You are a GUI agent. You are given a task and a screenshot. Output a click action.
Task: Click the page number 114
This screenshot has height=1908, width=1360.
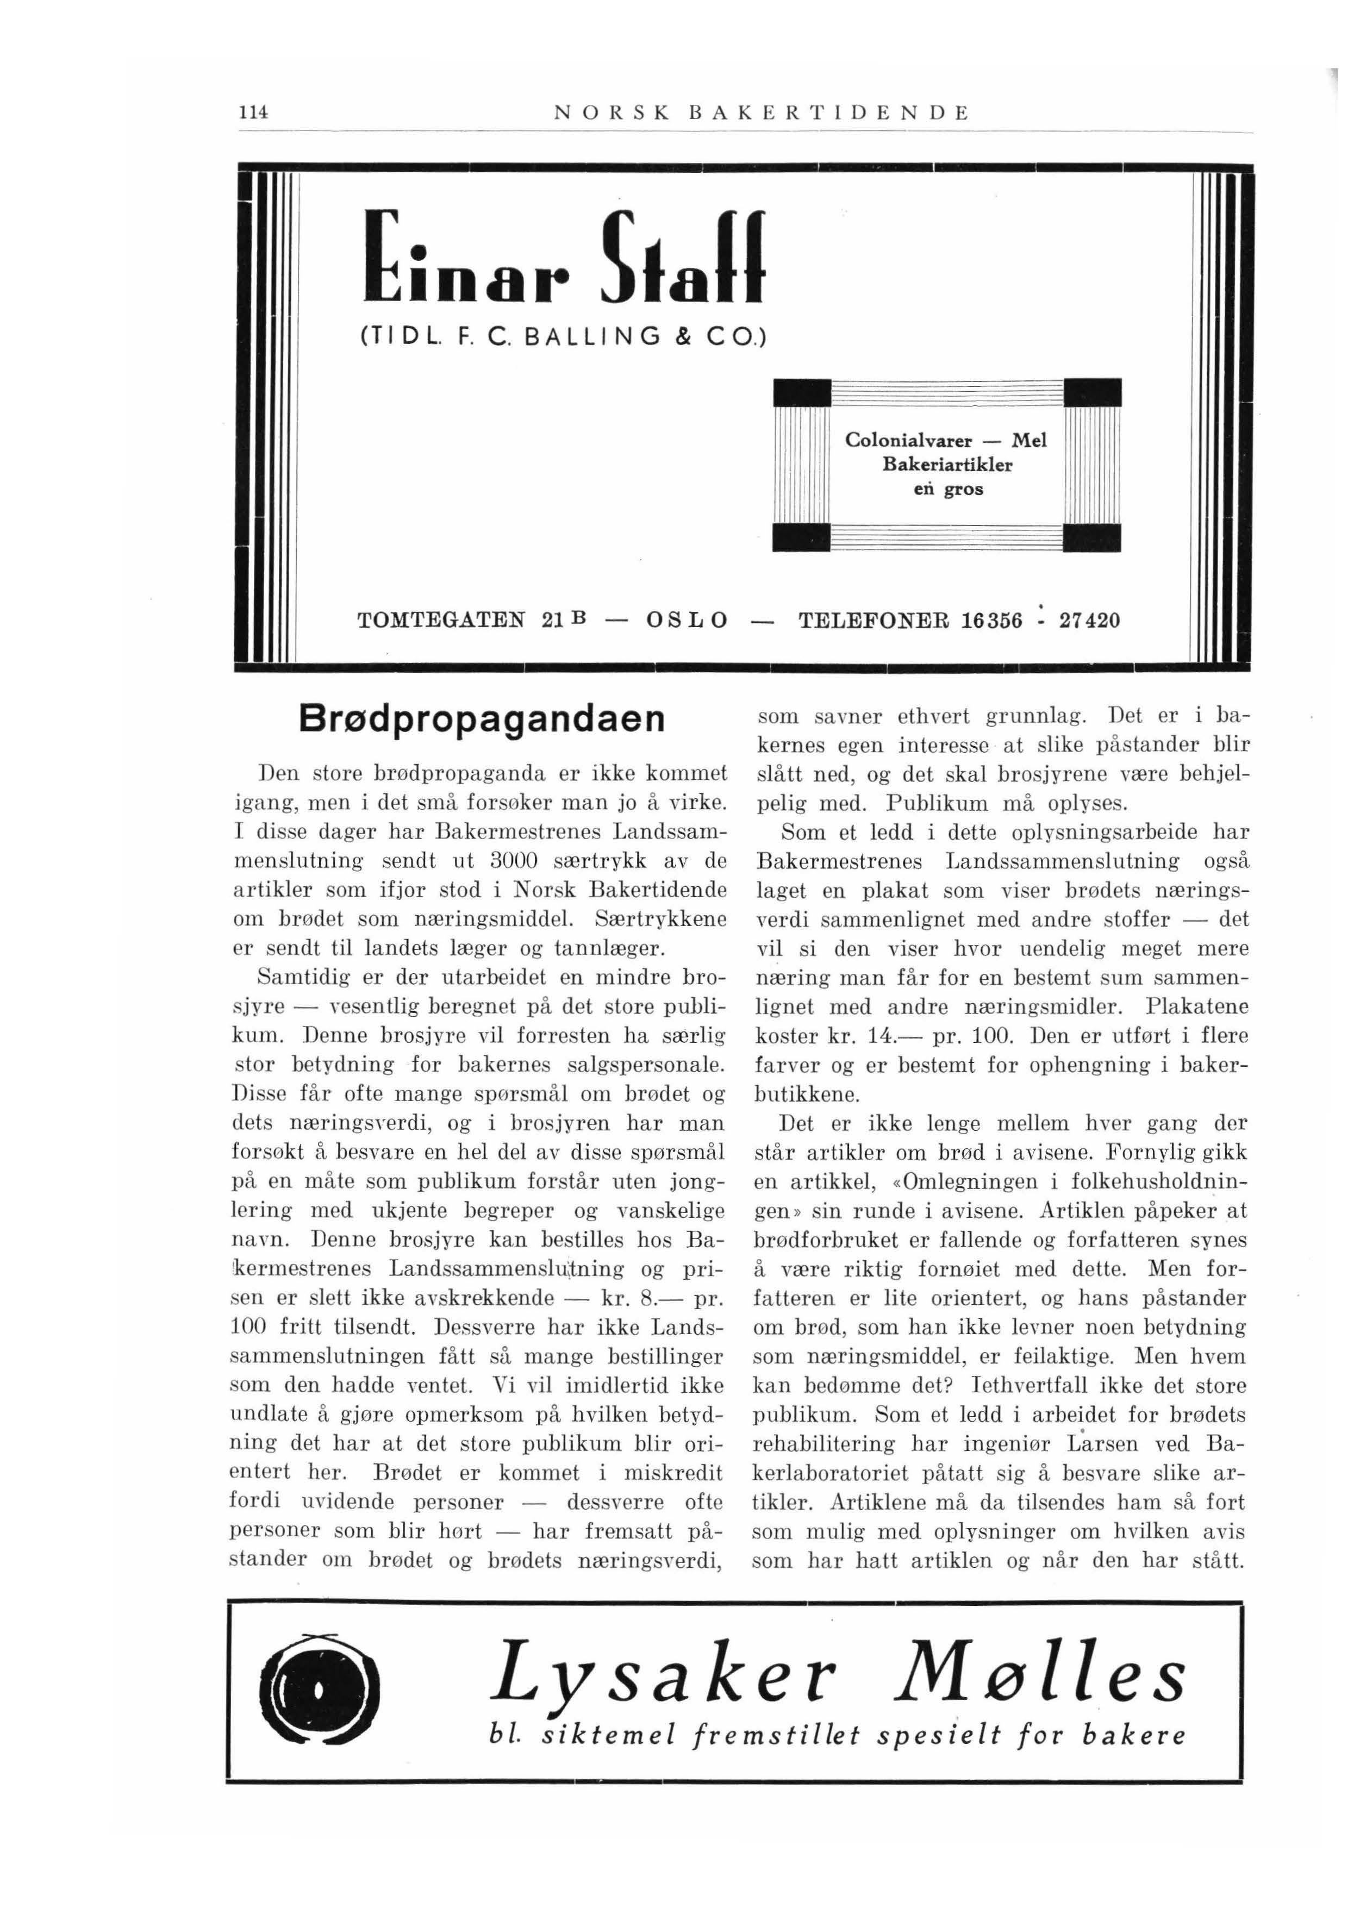tap(251, 112)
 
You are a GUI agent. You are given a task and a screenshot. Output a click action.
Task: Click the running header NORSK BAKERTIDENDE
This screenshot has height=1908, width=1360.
tap(761, 112)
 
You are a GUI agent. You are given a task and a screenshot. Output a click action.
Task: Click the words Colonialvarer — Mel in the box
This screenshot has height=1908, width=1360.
tap(945, 440)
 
